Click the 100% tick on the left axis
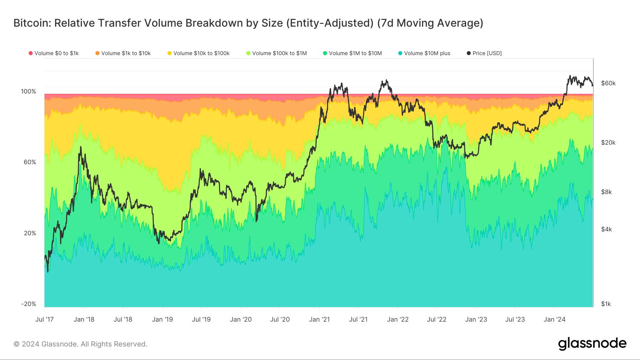[28, 91]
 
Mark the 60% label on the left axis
[30, 162]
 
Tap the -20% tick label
[28, 304]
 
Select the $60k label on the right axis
[608, 83]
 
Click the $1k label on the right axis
[606, 304]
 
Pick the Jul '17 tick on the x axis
[44, 319]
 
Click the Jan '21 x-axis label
[319, 319]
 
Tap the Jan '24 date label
[554, 319]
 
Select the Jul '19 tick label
[201, 319]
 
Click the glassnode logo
[592, 344]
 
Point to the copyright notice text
[80, 344]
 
